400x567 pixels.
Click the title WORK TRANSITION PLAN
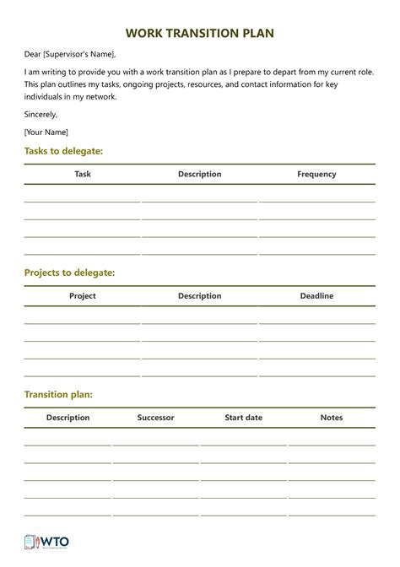199,33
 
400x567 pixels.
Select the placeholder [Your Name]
46,132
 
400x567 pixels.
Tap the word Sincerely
41,114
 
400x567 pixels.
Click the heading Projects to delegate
69,273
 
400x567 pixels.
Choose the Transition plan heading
58,394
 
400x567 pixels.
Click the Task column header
83,174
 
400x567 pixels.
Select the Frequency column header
316,174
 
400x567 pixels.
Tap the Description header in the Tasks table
199,174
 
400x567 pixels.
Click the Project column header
83,296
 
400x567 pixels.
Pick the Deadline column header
316,296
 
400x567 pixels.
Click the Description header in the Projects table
199,296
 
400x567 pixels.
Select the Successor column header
155,418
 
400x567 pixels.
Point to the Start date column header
243,418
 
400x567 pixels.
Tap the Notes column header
332,418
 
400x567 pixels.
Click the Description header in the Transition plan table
68,418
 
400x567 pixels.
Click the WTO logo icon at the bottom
32,543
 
